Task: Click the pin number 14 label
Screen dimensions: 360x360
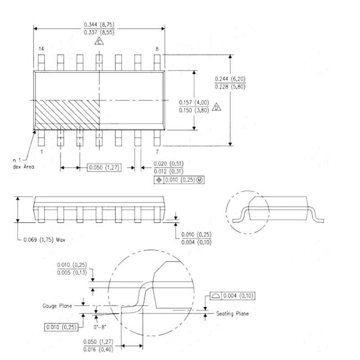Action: coord(41,49)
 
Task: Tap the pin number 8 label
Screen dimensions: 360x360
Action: coord(157,49)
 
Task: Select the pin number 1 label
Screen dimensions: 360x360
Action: coord(41,152)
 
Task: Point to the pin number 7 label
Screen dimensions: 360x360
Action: coord(157,152)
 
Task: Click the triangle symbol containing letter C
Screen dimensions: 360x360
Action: coord(99,42)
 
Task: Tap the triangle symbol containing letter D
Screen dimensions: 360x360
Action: coord(216,108)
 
